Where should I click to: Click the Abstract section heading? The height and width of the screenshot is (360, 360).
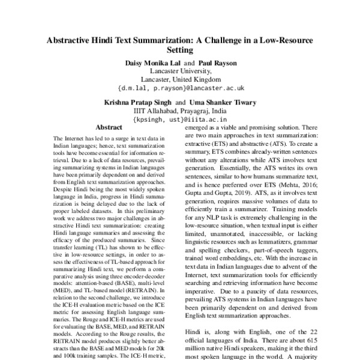coord(109,127)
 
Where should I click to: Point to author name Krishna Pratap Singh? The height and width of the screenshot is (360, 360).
coord(142,103)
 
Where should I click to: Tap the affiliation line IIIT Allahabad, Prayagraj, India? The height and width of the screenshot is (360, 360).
coord(179,111)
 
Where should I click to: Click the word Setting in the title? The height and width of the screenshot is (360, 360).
coord(179,51)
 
